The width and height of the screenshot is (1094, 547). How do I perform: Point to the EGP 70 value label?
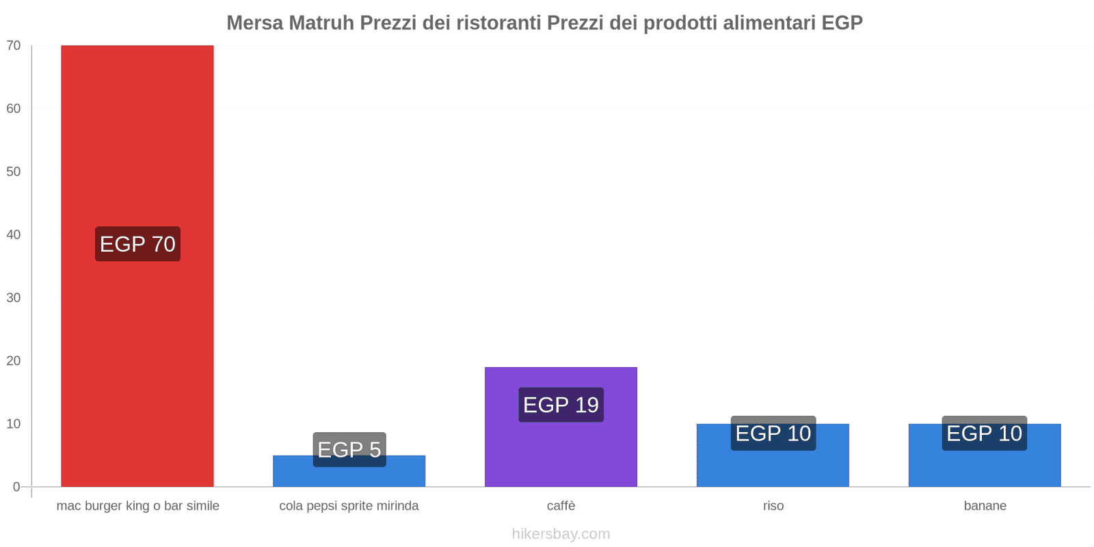137,244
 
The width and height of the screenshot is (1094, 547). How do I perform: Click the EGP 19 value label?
561,405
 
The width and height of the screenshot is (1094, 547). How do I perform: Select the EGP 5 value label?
349,449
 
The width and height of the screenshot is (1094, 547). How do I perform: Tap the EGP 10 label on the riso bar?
773,433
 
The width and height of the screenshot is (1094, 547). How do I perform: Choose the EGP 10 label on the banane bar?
984,433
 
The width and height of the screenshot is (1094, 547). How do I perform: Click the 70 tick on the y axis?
14,46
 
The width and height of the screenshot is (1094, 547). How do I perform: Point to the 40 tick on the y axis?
14,235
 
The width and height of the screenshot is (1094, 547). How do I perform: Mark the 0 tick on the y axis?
16,487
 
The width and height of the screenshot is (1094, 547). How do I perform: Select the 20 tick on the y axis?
14,361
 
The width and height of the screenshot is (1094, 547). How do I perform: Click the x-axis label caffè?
561,506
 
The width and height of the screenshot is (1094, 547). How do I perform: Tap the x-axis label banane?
985,506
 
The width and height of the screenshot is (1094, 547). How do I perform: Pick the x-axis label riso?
773,506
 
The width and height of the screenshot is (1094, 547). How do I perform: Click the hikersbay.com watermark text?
561,534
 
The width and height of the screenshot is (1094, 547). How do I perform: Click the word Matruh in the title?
321,23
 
